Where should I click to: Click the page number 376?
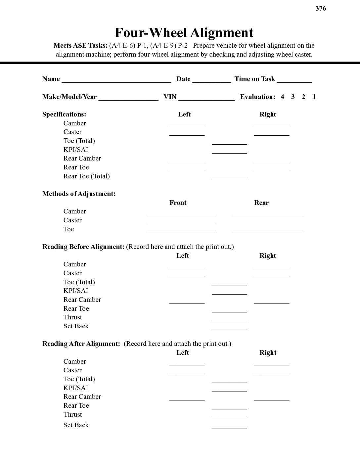click(x=321, y=9)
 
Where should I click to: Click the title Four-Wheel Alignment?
click(x=184, y=33)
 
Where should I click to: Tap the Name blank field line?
click(x=116, y=80)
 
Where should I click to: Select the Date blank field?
click(x=211, y=80)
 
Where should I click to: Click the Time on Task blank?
click(x=294, y=80)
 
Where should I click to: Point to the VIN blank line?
click(x=206, y=98)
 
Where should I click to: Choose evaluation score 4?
click(x=282, y=97)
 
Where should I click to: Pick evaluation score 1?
click(x=314, y=97)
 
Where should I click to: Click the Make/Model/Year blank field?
click(x=128, y=98)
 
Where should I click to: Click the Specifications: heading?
click(x=64, y=114)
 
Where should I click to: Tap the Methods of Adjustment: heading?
click(x=79, y=194)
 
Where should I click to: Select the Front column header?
click(x=178, y=203)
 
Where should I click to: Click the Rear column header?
click(x=261, y=203)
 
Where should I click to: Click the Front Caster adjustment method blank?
click(x=182, y=221)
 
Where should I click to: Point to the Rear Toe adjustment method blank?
click(x=268, y=230)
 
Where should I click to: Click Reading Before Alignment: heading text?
click(x=83, y=247)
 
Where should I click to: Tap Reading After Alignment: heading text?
click(x=81, y=344)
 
